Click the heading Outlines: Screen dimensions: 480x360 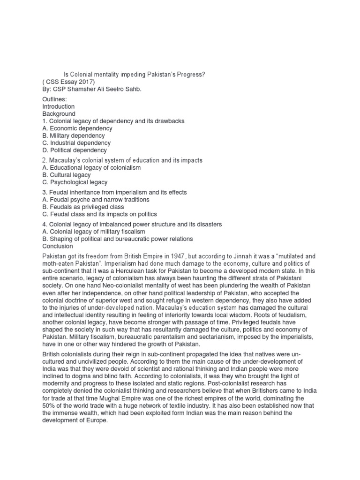click(x=54, y=99)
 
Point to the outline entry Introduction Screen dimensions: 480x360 click(x=59, y=106)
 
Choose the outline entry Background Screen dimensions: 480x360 click(x=59, y=114)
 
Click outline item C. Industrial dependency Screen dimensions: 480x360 click(x=76, y=143)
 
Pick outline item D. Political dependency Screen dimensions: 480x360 click(x=75, y=150)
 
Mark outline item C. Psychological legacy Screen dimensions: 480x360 click(x=75, y=182)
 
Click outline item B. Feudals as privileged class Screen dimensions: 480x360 click(x=83, y=207)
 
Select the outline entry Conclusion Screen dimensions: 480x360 click(x=58, y=246)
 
